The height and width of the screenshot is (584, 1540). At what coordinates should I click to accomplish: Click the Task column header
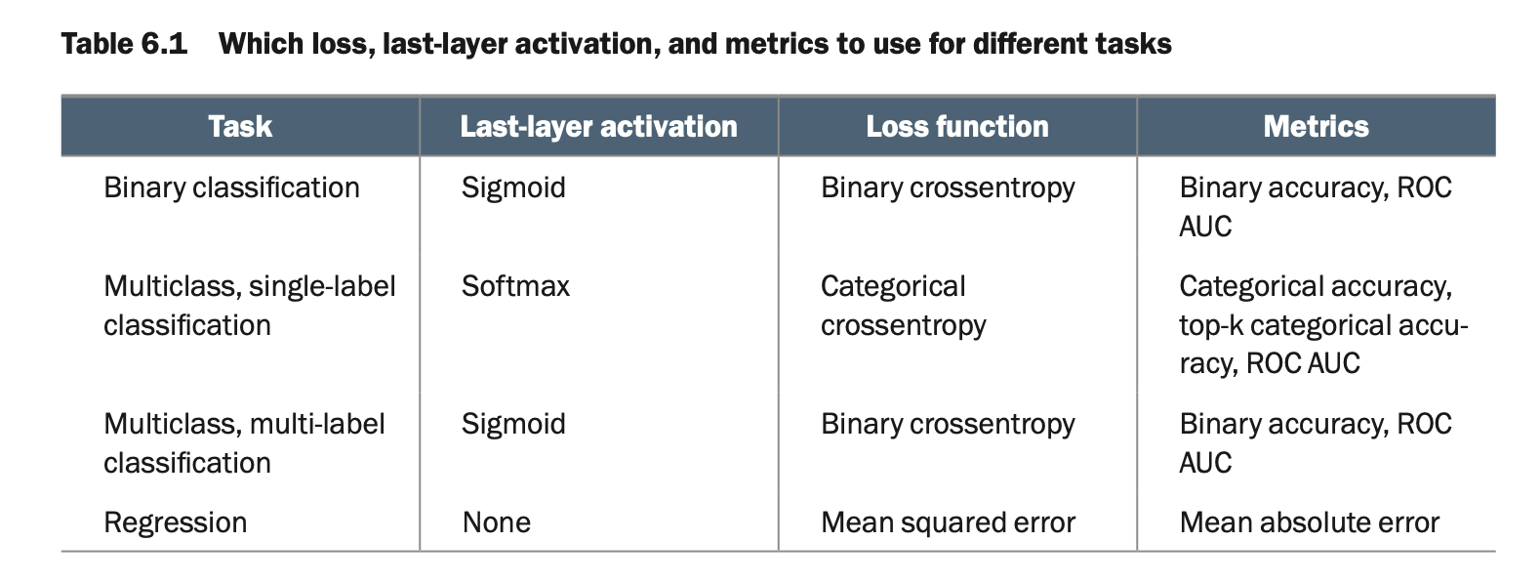(x=240, y=127)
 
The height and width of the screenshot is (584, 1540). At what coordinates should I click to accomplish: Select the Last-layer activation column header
(x=598, y=127)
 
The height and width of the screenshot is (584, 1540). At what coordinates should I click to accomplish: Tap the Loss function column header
(x=957, y=127)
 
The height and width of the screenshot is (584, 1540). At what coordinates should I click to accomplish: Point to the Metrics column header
(x=1316, y=127)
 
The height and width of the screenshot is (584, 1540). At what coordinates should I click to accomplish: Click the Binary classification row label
(x=231, y=188)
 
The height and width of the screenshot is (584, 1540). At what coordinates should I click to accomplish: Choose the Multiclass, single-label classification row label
(x=250, y=306)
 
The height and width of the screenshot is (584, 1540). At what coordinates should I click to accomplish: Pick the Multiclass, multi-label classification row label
(x=244, y=443)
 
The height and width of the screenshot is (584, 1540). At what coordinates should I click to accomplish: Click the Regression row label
(x=176, y=523)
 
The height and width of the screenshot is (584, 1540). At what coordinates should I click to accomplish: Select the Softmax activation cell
(x=515, y=286)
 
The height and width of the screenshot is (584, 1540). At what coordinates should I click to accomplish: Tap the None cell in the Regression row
(x=497, y=522)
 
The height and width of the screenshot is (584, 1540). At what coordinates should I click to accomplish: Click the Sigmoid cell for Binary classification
(x=513, y=188)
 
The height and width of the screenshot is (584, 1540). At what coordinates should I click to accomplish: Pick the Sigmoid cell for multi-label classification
(x=513, y=425)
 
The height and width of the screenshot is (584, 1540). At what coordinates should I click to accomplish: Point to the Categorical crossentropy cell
(x=904, y=306)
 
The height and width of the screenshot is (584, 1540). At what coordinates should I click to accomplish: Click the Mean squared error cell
(x=948, y=523)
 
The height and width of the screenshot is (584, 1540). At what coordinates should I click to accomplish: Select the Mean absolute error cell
(x=1310, y=522)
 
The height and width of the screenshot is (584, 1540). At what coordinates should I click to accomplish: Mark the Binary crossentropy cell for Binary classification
(x=948, y=188)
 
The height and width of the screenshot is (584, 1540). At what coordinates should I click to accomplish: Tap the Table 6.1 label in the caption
(x=125, y=44)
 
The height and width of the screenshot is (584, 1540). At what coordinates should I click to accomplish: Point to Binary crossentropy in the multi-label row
(x=948, y=425)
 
